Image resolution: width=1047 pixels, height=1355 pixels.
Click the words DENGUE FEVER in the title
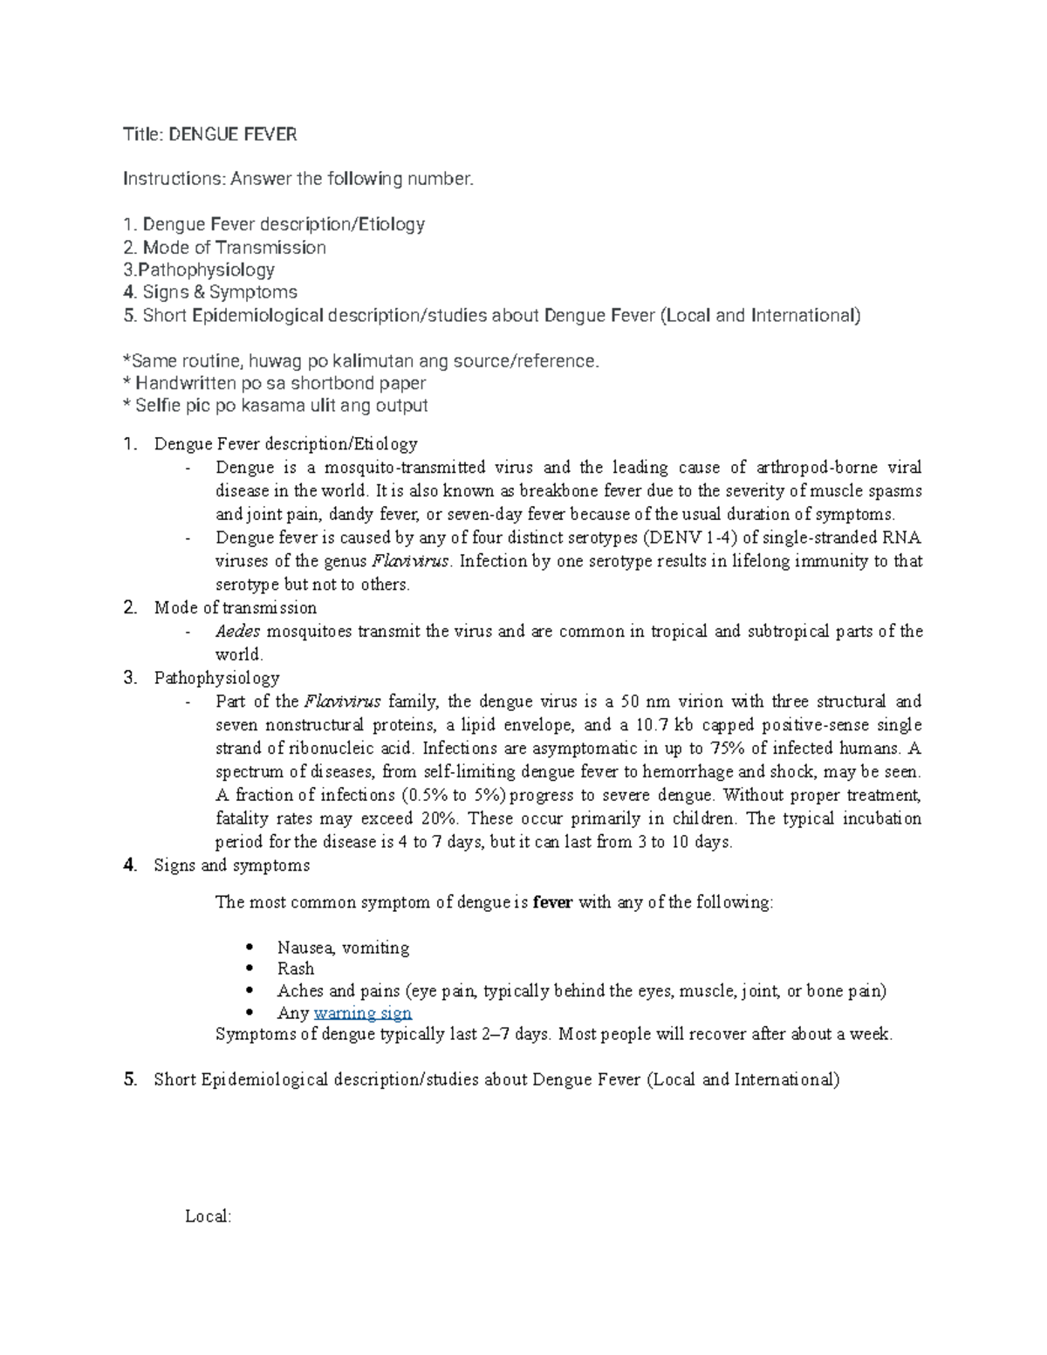click(x=232, y=134)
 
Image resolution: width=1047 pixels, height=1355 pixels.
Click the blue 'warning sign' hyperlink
click(x=362, y=1013)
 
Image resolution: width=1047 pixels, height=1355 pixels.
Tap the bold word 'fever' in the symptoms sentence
click(x=552, y=902)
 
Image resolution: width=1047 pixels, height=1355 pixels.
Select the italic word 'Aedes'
click(x=237, y=631)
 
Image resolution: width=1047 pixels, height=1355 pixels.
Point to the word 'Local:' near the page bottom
click(x=208, y=1216)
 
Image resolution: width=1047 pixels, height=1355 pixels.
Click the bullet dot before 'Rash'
click(x=250, y=968)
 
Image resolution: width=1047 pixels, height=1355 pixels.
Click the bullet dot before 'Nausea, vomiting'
click(x=250, y=947)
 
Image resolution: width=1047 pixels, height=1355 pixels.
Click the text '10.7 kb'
click(x=665, y=725)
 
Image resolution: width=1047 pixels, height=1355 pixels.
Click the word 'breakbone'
click(x=558, y=490)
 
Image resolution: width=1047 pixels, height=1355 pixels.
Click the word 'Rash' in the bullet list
click(x=296, y=968)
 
